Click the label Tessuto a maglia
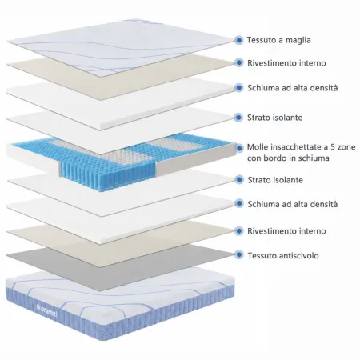278,40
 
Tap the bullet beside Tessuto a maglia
239,40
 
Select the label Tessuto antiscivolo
283,255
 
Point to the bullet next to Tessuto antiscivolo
239,254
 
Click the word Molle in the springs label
258,147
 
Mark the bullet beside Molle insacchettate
239,148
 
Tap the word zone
346,147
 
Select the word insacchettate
294,147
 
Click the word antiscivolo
298,255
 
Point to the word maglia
298,40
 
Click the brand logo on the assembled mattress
46,311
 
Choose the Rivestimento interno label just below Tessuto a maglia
286,63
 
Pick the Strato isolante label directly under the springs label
275,180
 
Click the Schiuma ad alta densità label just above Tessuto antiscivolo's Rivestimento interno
293,204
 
